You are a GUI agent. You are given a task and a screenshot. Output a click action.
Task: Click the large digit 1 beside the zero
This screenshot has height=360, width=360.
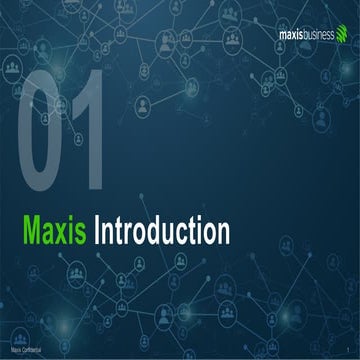click(x=93, y=129)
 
